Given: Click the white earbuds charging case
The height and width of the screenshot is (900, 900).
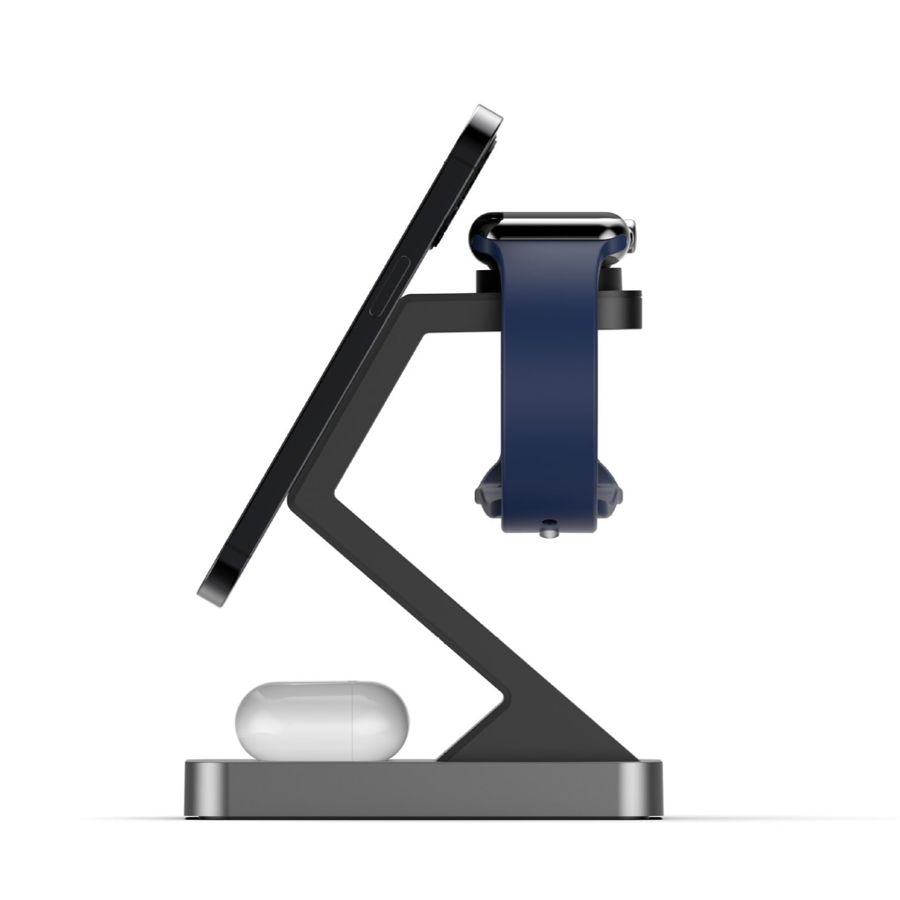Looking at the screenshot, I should [322, 721].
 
